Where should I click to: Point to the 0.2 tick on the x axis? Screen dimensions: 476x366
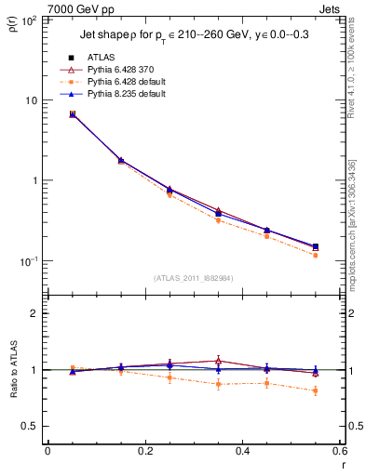(x=144, y=452)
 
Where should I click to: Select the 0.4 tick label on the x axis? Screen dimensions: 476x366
(x=242, y=452)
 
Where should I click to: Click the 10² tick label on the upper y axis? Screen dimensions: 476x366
(x=28, y=20)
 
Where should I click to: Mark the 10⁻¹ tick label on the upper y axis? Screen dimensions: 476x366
(x=28, y=261)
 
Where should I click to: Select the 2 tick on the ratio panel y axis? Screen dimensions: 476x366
(x=34, y=313)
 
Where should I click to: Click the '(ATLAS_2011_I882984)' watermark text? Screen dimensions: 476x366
(x=194, y=278)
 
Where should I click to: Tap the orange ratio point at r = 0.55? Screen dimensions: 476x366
(x=315, y=390)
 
